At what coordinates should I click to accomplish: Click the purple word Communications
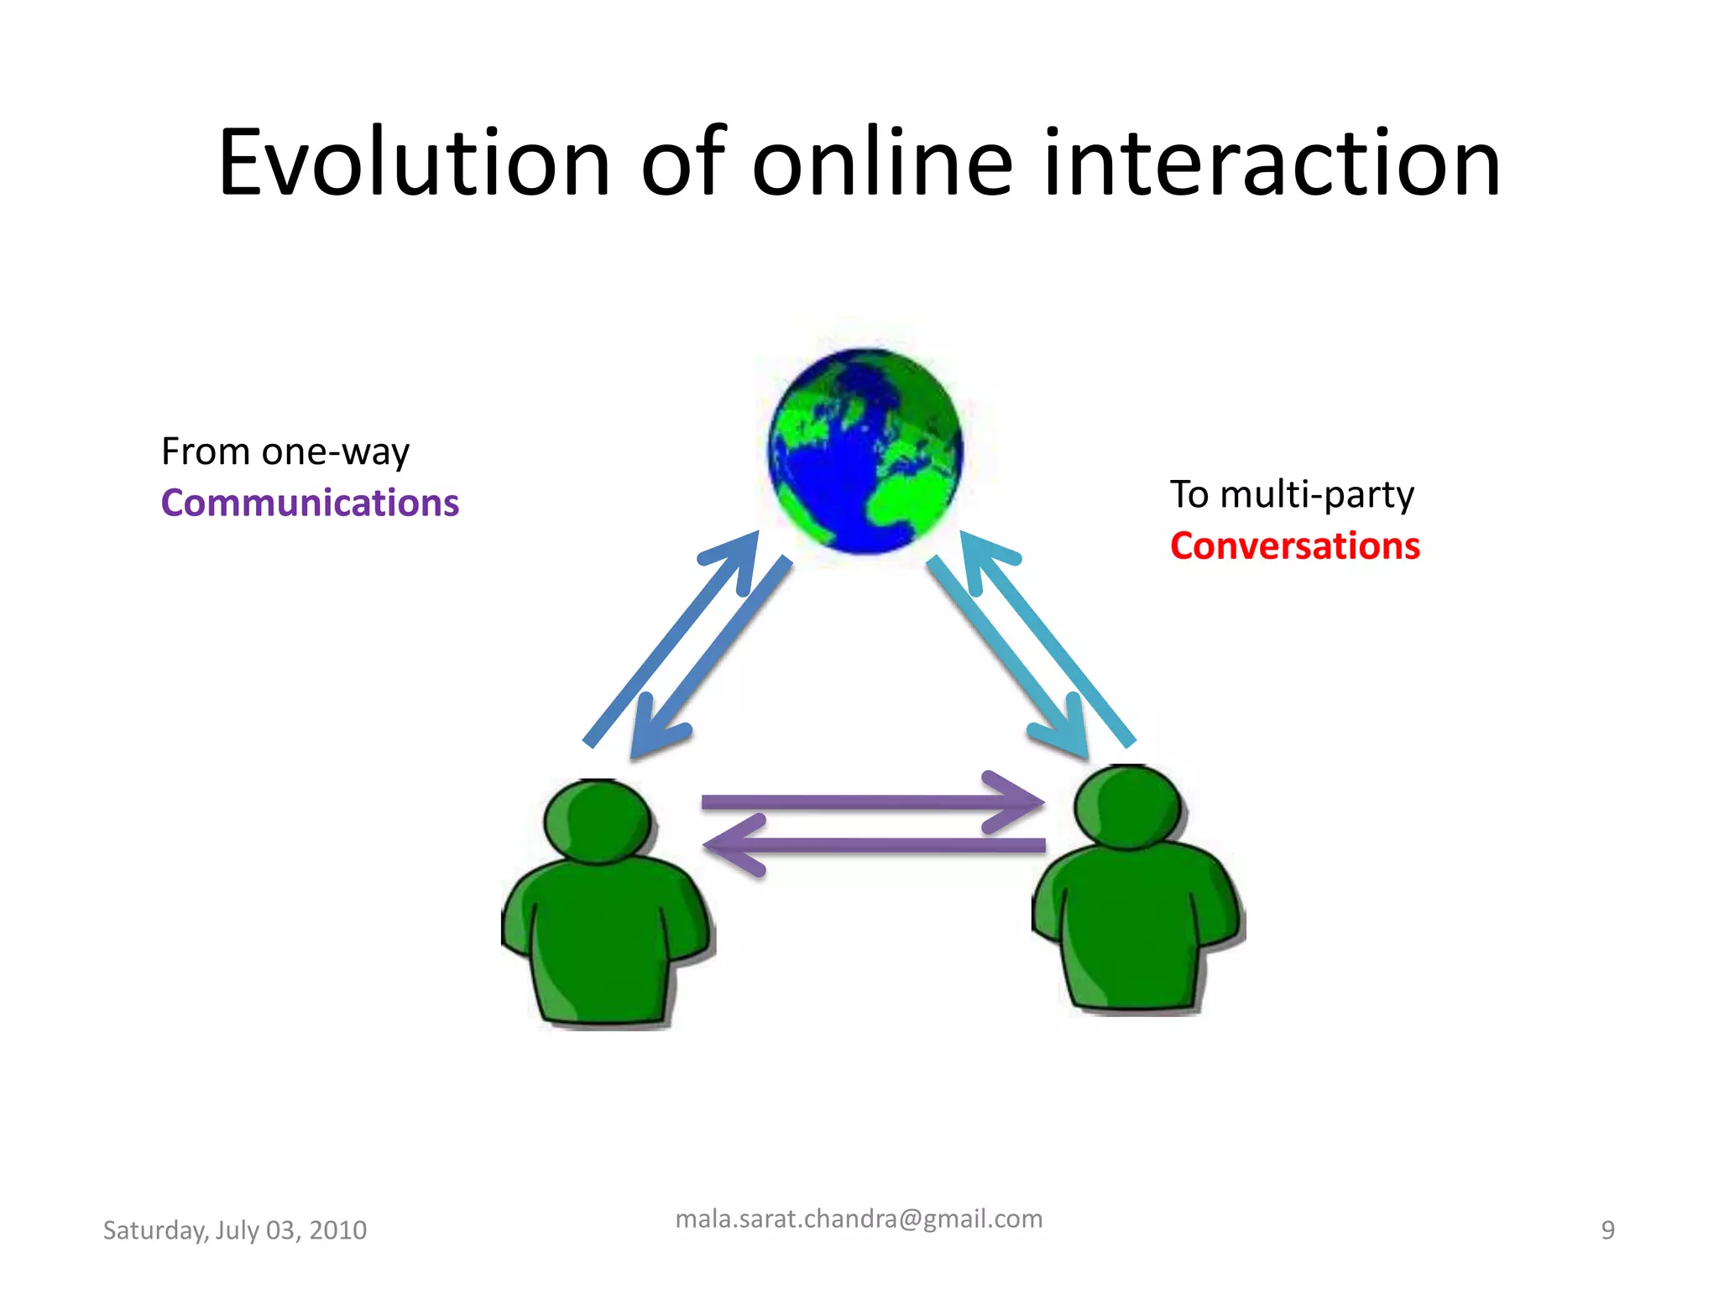(x=310, y=504)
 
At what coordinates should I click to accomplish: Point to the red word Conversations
(x=1294, y=546)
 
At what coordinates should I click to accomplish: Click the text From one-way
(x=285, y=452)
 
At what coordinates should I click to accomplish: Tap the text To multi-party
(x=1292, y=494)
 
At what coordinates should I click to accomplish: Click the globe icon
(x=865, y=451)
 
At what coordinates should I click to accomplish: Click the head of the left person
(x=598, y=820)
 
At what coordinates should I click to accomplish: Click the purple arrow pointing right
(x=873, y=802)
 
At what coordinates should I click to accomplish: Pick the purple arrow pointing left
(x=873, y=845)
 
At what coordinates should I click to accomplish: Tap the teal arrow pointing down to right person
(x=1007, y=655)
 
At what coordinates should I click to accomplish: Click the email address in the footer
(x=859, y=1219)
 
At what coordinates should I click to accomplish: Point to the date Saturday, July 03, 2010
(x=234, y=1230)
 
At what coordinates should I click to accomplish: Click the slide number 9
(x=1607, y=1230)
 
